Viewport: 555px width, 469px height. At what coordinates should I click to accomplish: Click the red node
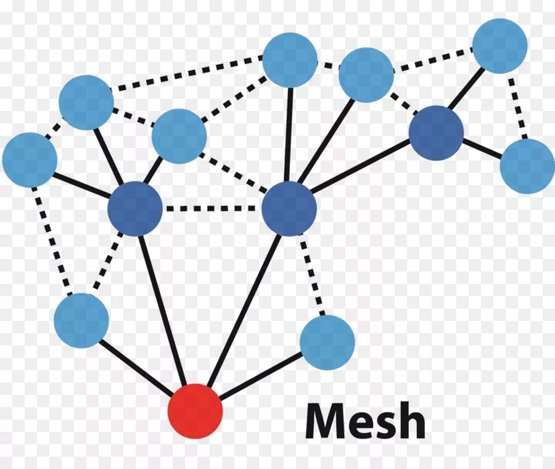195,411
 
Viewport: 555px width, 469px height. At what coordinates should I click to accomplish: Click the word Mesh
365,422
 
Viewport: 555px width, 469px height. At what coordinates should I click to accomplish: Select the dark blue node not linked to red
436,133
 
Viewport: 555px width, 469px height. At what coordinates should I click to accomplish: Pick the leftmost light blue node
30,160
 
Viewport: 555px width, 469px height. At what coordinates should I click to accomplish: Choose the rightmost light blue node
527,165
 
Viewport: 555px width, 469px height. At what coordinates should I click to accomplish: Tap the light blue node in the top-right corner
499,46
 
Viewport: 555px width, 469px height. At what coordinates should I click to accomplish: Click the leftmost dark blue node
135,209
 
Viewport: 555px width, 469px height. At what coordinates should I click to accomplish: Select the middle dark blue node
289,209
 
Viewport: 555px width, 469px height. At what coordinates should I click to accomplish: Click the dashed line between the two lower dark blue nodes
212,209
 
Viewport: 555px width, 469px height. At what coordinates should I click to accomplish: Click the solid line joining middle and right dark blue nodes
361,166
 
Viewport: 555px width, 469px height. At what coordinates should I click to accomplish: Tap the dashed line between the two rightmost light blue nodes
519,106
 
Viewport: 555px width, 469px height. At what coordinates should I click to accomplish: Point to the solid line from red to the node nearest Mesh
261,376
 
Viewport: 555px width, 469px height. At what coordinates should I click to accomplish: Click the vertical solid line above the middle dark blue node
289,133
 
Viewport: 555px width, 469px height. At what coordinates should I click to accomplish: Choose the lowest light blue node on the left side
81,320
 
